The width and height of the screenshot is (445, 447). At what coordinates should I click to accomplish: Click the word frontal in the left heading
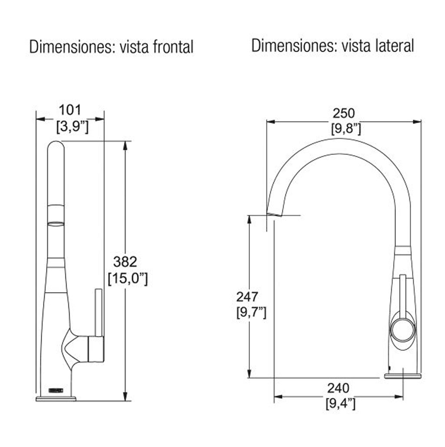tap(173, 47)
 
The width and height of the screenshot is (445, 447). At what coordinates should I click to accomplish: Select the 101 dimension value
tap(70, 110)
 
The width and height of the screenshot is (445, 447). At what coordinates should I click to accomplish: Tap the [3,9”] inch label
tap(73, 126)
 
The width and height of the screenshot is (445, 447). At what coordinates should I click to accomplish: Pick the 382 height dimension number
tap(125, 261)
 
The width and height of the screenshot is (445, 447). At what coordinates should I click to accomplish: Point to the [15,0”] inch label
tap(128, 278)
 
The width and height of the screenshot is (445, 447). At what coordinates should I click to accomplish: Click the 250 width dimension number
tap(344, 113)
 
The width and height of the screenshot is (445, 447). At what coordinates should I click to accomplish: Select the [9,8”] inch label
tap(346, 129)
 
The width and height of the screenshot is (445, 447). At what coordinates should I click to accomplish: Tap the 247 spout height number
tap(247, 297)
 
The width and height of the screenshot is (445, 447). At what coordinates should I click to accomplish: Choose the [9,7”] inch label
tap(251, 313)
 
